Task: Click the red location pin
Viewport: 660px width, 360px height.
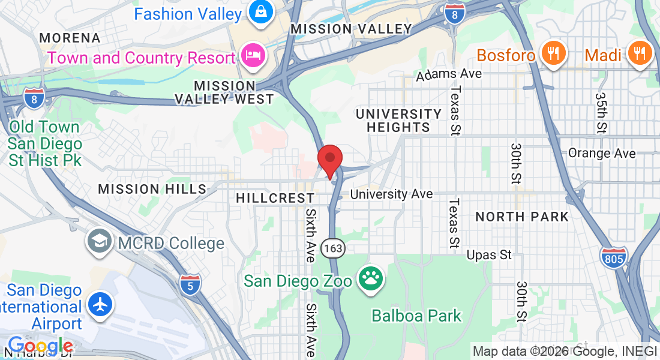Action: [329, 160]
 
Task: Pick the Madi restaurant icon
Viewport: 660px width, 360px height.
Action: [640, 53]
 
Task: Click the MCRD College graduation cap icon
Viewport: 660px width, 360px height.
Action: [98, 242]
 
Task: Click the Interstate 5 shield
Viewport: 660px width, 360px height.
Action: [190, 284]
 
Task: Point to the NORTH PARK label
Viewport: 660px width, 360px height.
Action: [521, 217]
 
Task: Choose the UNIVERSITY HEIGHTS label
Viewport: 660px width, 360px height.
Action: [398, 120]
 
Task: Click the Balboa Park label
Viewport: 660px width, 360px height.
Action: [416, 315]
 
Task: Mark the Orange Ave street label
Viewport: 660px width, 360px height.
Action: [601, 153]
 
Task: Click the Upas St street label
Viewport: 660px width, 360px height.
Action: [489, 255]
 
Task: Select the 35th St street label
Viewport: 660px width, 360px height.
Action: [601, 112]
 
